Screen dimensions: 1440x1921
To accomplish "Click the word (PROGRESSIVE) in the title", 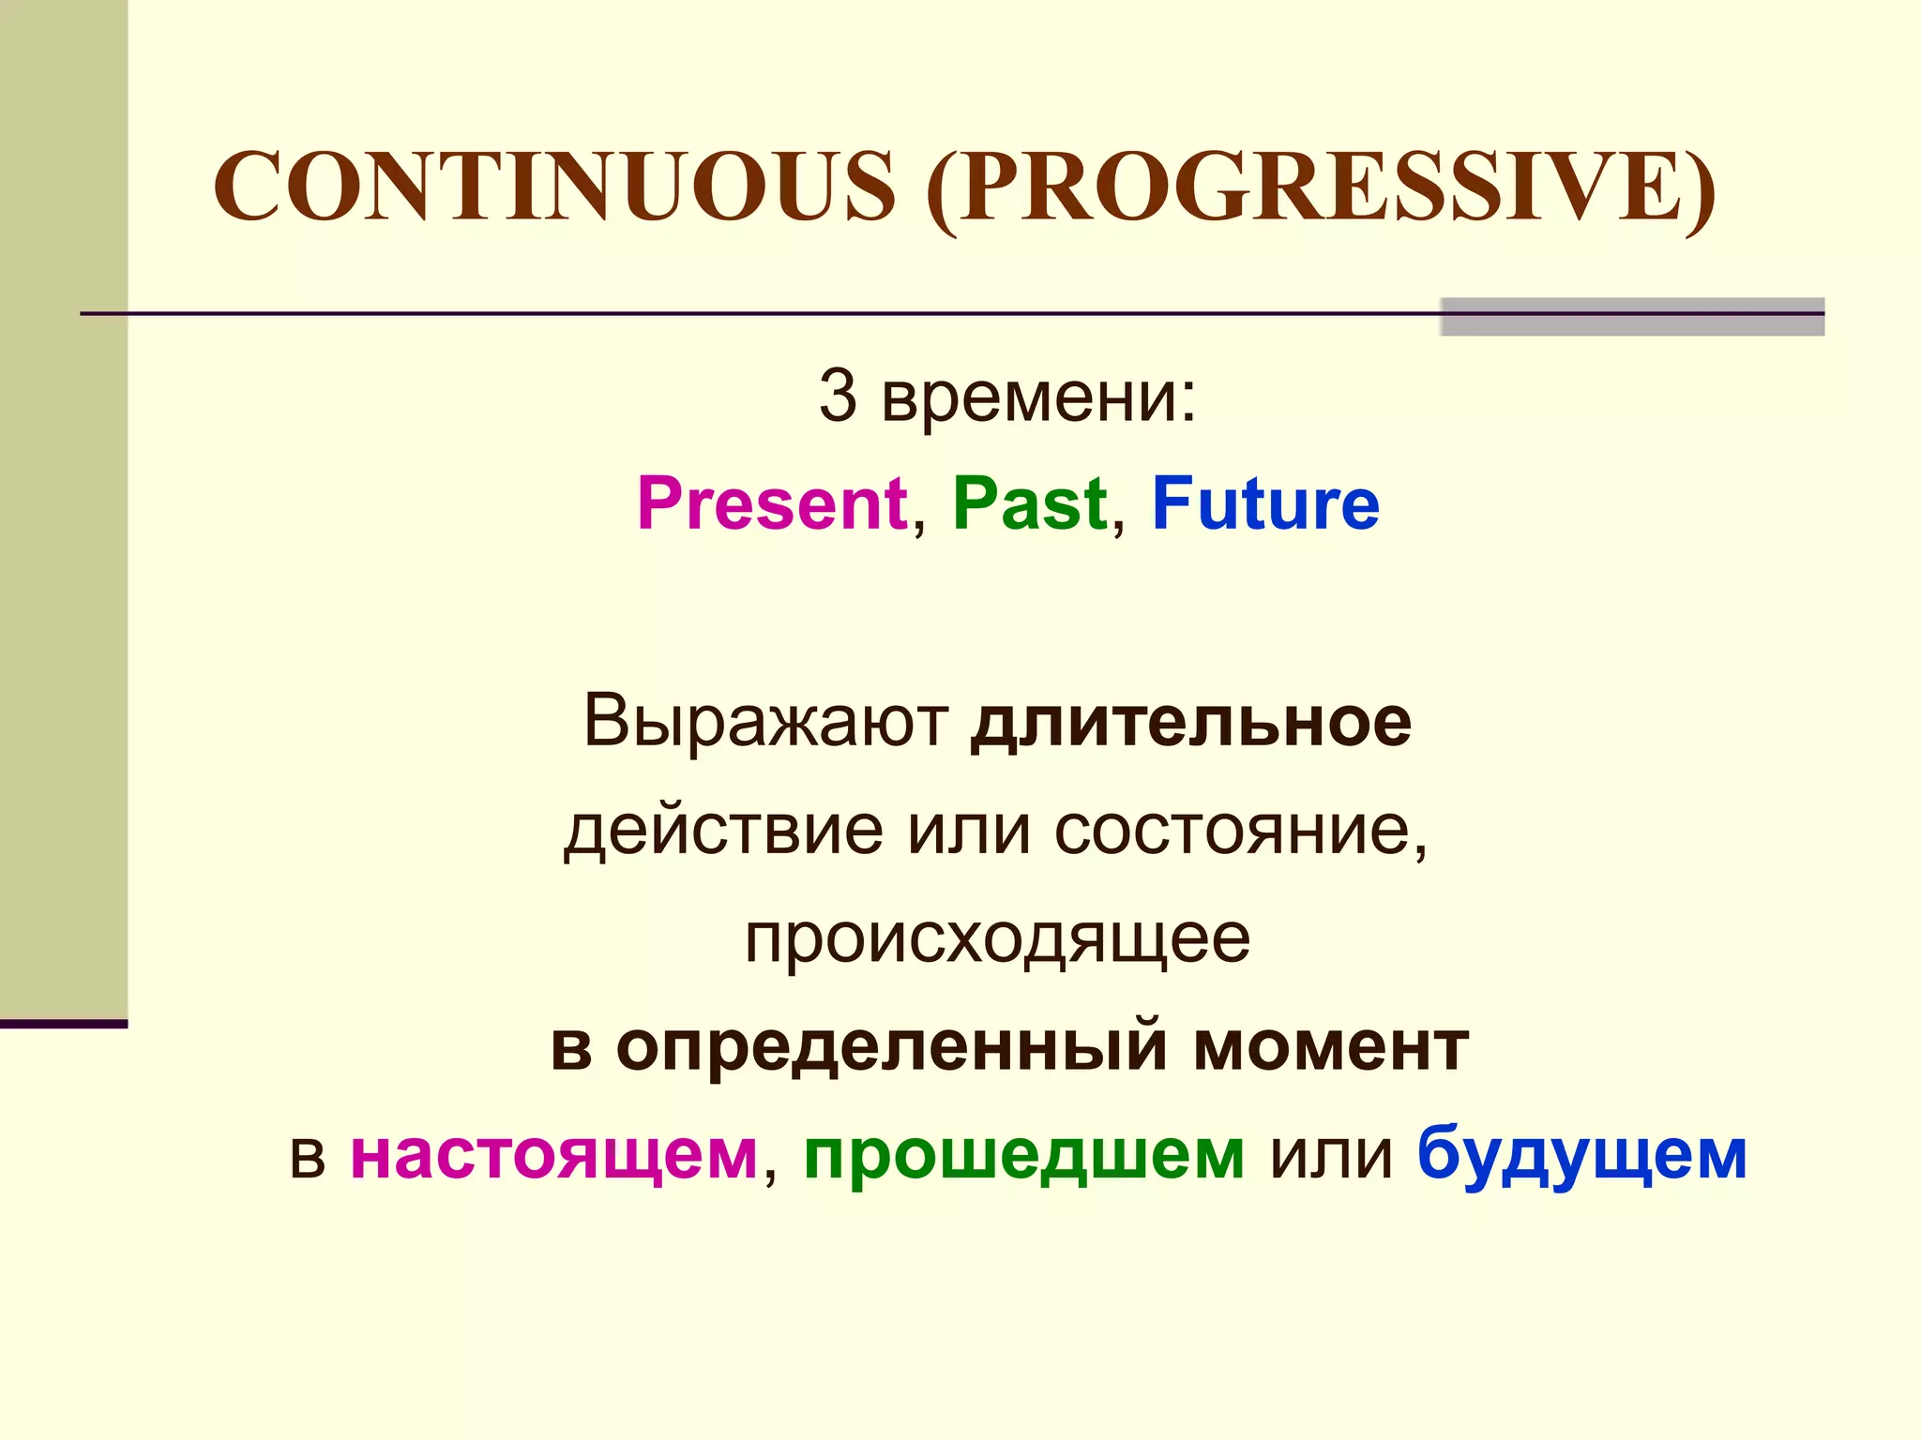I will (1321, 187).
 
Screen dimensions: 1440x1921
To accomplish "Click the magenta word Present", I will (772, 504).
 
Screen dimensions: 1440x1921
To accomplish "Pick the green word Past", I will (1030, 504).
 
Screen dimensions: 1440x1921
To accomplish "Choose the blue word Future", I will (1265, 504).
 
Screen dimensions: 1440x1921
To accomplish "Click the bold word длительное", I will (1190, 722).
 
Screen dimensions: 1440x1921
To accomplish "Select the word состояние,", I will (1240, 831).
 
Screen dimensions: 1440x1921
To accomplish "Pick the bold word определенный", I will (892, 1046).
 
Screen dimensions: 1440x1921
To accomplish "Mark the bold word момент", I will (1330, 1046).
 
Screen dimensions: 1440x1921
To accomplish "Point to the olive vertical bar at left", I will (63, 506).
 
